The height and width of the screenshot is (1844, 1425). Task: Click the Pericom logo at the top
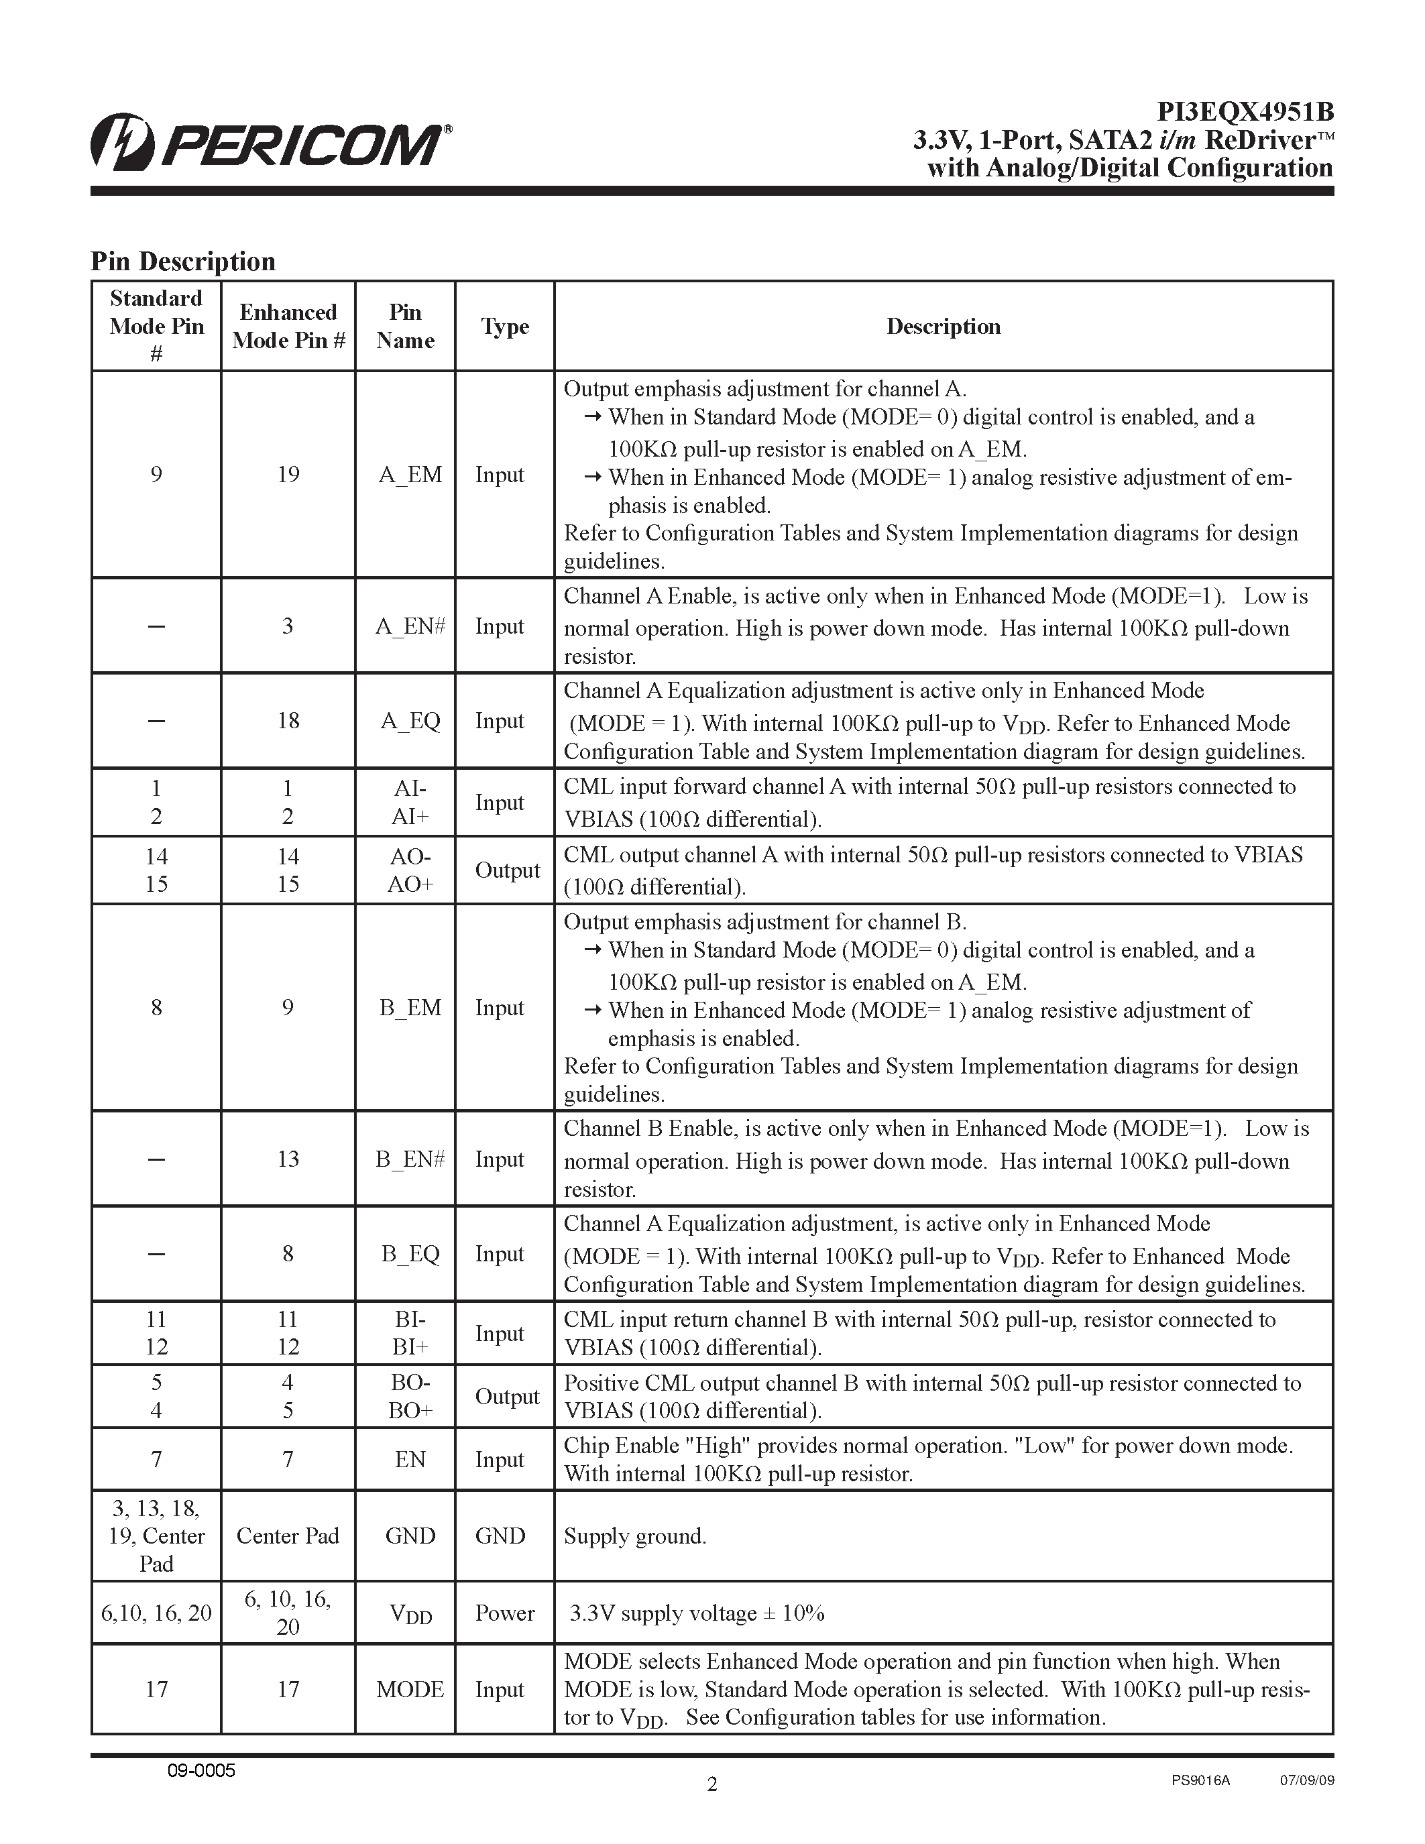click(270, 141)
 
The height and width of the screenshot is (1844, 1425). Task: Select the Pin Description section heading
click(183, 261)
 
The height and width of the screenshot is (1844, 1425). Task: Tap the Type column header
click(505, 327)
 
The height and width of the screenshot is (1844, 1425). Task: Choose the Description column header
click(943, 327)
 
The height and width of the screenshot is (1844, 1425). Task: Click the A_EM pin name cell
click(410, 475)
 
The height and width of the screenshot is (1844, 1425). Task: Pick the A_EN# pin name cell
click(410, 626)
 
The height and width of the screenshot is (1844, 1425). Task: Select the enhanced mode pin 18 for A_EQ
click(288, 720)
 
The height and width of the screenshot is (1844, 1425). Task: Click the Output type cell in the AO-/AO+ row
click(506, 870)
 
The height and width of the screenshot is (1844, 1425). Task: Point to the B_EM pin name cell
click(410, 1007)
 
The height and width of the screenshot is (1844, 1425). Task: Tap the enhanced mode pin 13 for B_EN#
click(288, 1159)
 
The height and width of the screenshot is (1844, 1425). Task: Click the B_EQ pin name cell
click(410, 1254)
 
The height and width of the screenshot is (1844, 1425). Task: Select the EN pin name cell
click(410, 1459)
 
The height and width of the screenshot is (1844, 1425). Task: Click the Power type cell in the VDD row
click(505, 1613)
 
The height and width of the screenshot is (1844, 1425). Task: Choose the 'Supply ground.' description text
click(635, 1536)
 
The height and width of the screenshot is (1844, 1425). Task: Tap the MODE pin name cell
click(410, 1690)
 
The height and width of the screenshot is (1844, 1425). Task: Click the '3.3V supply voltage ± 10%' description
click(697, 1613)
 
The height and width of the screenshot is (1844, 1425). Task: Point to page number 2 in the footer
click(711, 1784)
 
